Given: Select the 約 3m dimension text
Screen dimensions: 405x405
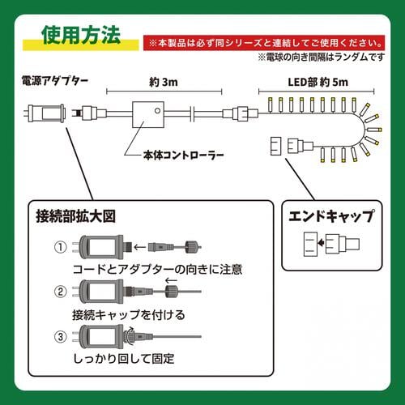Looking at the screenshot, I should point(162,83).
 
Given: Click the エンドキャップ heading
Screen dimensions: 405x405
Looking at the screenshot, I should point(332,217).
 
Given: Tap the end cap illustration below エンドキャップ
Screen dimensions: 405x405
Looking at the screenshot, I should point(332,242).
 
